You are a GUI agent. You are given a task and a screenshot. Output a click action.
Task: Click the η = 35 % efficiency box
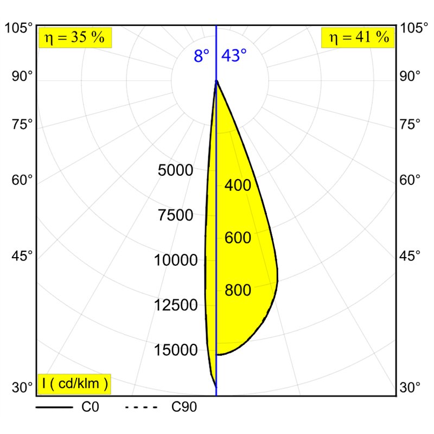75,37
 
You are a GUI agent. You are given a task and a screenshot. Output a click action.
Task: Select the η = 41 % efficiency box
358,37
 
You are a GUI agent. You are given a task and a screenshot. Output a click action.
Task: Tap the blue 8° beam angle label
201,56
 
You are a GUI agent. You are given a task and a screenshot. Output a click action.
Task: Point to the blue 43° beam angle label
234,55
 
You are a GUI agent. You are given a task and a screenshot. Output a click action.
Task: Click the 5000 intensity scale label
175,170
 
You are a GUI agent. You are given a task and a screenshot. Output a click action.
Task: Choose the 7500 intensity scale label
175,215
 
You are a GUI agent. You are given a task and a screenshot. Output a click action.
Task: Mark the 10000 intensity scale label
176,260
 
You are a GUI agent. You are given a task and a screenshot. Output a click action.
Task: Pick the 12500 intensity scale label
176,305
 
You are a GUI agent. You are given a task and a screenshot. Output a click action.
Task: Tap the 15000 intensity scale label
176,350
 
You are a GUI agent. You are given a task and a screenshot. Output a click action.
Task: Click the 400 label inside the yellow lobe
238,185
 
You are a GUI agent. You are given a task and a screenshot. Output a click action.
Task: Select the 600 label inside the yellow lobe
238,238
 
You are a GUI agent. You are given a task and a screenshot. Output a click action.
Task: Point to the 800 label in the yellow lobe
238,290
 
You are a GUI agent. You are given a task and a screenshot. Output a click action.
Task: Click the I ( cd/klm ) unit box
75,384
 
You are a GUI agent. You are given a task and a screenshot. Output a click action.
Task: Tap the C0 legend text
90,407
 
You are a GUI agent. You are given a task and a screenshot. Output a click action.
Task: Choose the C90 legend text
184,407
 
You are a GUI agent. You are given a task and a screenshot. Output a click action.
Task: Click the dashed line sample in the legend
141,407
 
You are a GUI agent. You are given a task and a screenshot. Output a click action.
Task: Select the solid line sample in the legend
54,407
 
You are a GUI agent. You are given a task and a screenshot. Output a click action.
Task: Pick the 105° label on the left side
19,28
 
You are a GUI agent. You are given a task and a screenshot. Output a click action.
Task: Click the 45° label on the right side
410,256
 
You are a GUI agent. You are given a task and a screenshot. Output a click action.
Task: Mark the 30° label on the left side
22,387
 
